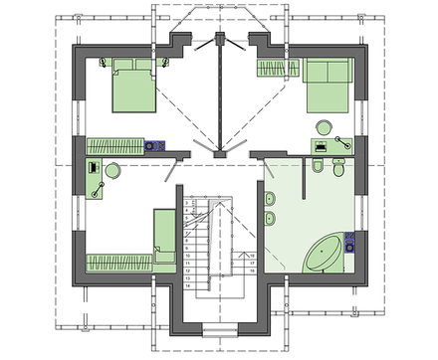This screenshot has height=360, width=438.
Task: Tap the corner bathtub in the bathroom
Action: coord(324,255)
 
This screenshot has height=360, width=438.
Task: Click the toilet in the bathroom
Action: coord(338,172)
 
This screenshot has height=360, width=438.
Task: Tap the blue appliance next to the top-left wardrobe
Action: coord(154,145)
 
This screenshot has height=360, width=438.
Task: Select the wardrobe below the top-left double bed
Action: coord(115,145)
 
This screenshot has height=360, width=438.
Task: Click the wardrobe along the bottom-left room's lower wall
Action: coord(118,263)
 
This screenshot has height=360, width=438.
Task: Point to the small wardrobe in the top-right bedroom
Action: coord(278,68)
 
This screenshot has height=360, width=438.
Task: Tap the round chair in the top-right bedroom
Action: coord(324,127)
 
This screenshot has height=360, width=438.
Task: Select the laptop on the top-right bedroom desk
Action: coord(321,146)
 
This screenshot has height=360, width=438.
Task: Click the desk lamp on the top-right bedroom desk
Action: coord(341,143)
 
